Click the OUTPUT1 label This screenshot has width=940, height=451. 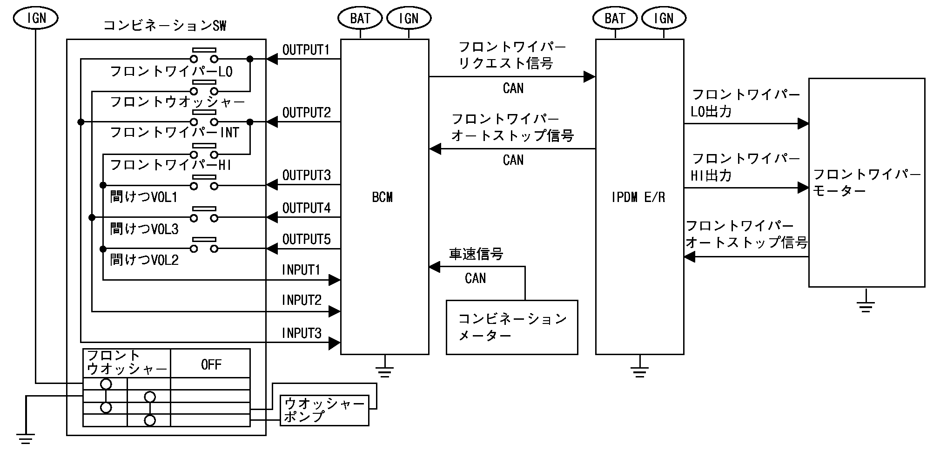306,50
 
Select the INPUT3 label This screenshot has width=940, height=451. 302,333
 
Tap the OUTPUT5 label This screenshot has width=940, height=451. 306,239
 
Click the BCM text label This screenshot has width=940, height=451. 382,197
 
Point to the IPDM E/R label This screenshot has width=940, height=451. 638,197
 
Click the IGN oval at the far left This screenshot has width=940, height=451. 36,18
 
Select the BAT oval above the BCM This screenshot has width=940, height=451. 360,19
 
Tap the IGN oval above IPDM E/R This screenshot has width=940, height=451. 664,19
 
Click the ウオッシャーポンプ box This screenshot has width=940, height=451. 324,410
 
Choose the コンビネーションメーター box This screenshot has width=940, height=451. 512,327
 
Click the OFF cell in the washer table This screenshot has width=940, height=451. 211,364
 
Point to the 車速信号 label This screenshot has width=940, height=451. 476,254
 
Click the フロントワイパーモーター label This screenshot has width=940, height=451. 866,182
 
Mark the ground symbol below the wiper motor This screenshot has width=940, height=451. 866,305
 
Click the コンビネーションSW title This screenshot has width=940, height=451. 165,26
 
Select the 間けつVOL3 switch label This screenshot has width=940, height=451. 144,229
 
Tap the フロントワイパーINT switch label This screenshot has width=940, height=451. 175,133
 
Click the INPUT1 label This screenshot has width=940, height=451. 301,270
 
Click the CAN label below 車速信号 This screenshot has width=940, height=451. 475,278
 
